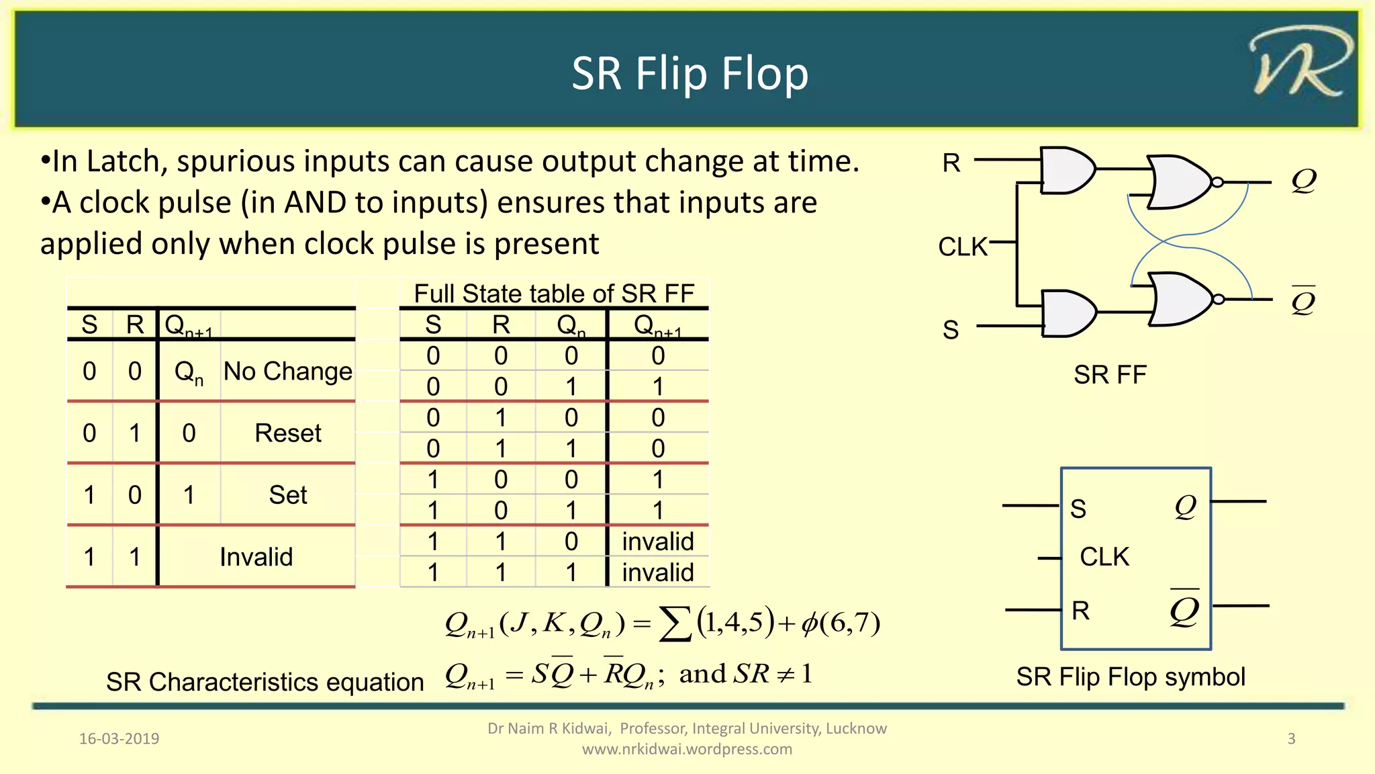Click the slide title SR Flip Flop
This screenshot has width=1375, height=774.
pos(690,73)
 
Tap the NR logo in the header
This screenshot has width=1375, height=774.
pos(1300,62)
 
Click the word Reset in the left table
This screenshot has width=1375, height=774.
pos(288,433)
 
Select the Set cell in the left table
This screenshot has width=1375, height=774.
pos(288,495)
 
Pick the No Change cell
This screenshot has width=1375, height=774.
pos(287,372)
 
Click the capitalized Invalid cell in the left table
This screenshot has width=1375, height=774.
pos(256,557)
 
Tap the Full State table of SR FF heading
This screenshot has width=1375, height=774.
pos(554,294)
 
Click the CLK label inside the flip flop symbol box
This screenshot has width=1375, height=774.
pos(1104,557)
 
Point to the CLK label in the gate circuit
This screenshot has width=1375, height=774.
pos(963,247)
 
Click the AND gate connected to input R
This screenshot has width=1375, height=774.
pos(1066,170)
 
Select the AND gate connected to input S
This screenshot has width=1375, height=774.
pos(1068,313)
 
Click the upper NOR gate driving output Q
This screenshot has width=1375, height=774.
pos(1180,182)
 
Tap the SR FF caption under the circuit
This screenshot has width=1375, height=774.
pos(1110,375)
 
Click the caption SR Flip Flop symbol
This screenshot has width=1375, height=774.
pos(1131,677)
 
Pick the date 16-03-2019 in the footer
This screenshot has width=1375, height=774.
pos(119,739)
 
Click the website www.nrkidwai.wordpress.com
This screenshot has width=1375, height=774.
pos(687,749)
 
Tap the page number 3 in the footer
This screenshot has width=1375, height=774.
pos(1291,739)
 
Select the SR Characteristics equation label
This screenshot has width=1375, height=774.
pos(265,682)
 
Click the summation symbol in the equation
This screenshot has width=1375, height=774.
pos(675,625)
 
